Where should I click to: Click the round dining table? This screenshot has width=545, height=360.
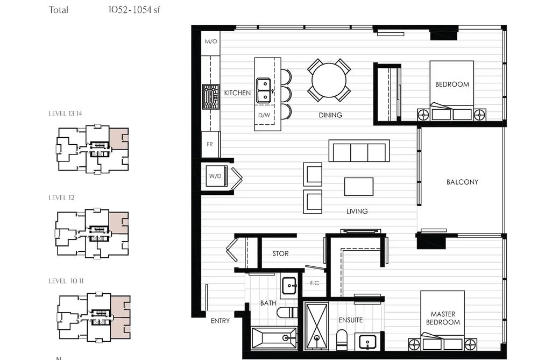329,80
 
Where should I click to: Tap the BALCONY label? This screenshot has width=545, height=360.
462,182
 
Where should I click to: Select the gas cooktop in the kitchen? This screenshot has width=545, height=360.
211,97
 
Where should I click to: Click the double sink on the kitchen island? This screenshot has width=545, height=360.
264,90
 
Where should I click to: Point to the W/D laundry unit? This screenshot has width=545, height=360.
216,176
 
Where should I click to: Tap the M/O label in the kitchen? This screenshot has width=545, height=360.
211,41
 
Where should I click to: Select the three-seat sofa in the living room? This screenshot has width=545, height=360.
359,151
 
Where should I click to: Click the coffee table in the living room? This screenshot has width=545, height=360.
359,187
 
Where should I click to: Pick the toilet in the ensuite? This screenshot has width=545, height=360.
341,340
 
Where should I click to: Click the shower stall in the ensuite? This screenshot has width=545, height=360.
316,326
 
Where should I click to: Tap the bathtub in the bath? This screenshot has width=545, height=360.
274,337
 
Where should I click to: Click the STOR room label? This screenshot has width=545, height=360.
280,253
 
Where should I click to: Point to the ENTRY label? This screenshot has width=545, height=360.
221,321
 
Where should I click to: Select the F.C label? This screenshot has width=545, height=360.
315,283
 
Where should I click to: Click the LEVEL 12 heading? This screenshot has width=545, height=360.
61,197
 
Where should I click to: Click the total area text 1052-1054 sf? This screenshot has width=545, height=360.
134,10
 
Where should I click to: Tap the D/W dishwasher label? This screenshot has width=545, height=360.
264,115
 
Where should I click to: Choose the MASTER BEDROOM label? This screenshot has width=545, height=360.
443,318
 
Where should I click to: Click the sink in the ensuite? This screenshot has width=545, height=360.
368,342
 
